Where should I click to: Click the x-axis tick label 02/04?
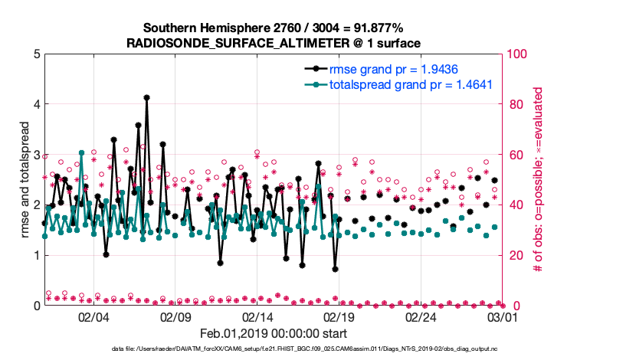coord(93,316)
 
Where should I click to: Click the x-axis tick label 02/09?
coord(175,316)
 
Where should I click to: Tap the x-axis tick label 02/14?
coord(257,316)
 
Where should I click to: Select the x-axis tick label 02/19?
coord(339,316)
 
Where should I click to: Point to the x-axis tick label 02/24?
coord(420,316)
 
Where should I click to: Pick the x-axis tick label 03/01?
coord(501,316)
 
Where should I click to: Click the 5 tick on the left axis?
coord(36,54)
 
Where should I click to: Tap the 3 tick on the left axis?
coord(36,154)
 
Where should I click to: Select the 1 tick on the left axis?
coord(36,255)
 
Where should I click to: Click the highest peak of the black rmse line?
coord(146,97)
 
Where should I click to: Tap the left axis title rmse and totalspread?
coord(25,179)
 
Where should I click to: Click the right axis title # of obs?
coord(539,179)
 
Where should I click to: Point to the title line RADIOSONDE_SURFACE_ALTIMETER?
coord(274,44)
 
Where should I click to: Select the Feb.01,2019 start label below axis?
coord(274,333)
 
